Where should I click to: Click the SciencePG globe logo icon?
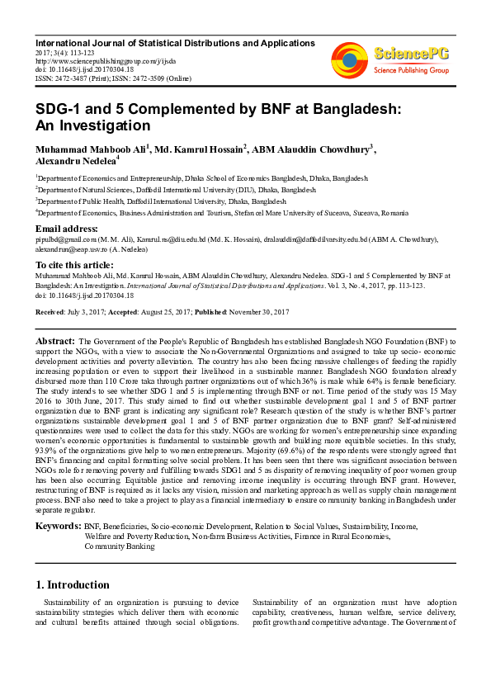[x=349, y=58]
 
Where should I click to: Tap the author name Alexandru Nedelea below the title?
[x=75, y=162]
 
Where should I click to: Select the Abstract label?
[x=56, y=340]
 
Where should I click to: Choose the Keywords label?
[x=58, y=524]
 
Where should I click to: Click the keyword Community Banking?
[x=119, y=546]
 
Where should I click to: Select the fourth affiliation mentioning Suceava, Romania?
[x=214, y=211]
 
